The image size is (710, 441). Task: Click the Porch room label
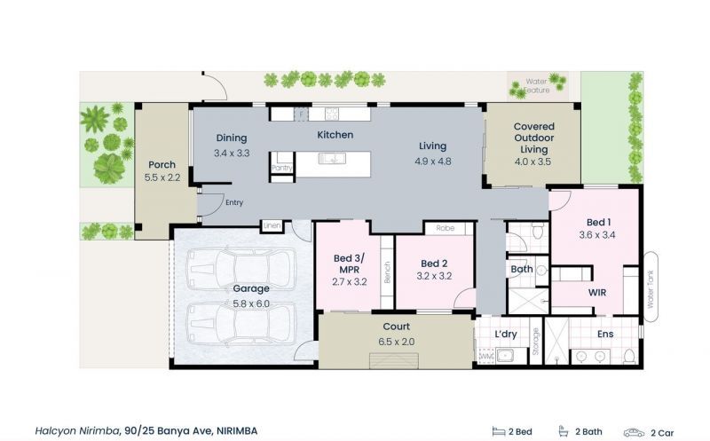[162, 164]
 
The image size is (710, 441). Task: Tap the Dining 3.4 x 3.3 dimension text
[231, 154]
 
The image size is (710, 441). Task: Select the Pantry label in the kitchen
[282, 168]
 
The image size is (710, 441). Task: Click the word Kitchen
[335, 135]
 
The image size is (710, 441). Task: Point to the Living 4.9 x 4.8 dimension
[433, 161]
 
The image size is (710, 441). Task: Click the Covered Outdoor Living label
[532, 138]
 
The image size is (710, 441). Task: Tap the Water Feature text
[536, 86]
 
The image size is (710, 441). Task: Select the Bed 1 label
[596, 222]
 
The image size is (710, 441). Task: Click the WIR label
[597, 291]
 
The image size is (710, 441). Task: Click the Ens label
[605, 334]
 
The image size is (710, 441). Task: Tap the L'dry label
[506, 334]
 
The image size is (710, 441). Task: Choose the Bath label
[521, 268]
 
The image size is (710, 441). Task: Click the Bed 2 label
[433, 264]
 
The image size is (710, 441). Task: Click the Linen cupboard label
[272, 226]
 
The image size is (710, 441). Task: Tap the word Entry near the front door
[234, 202]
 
